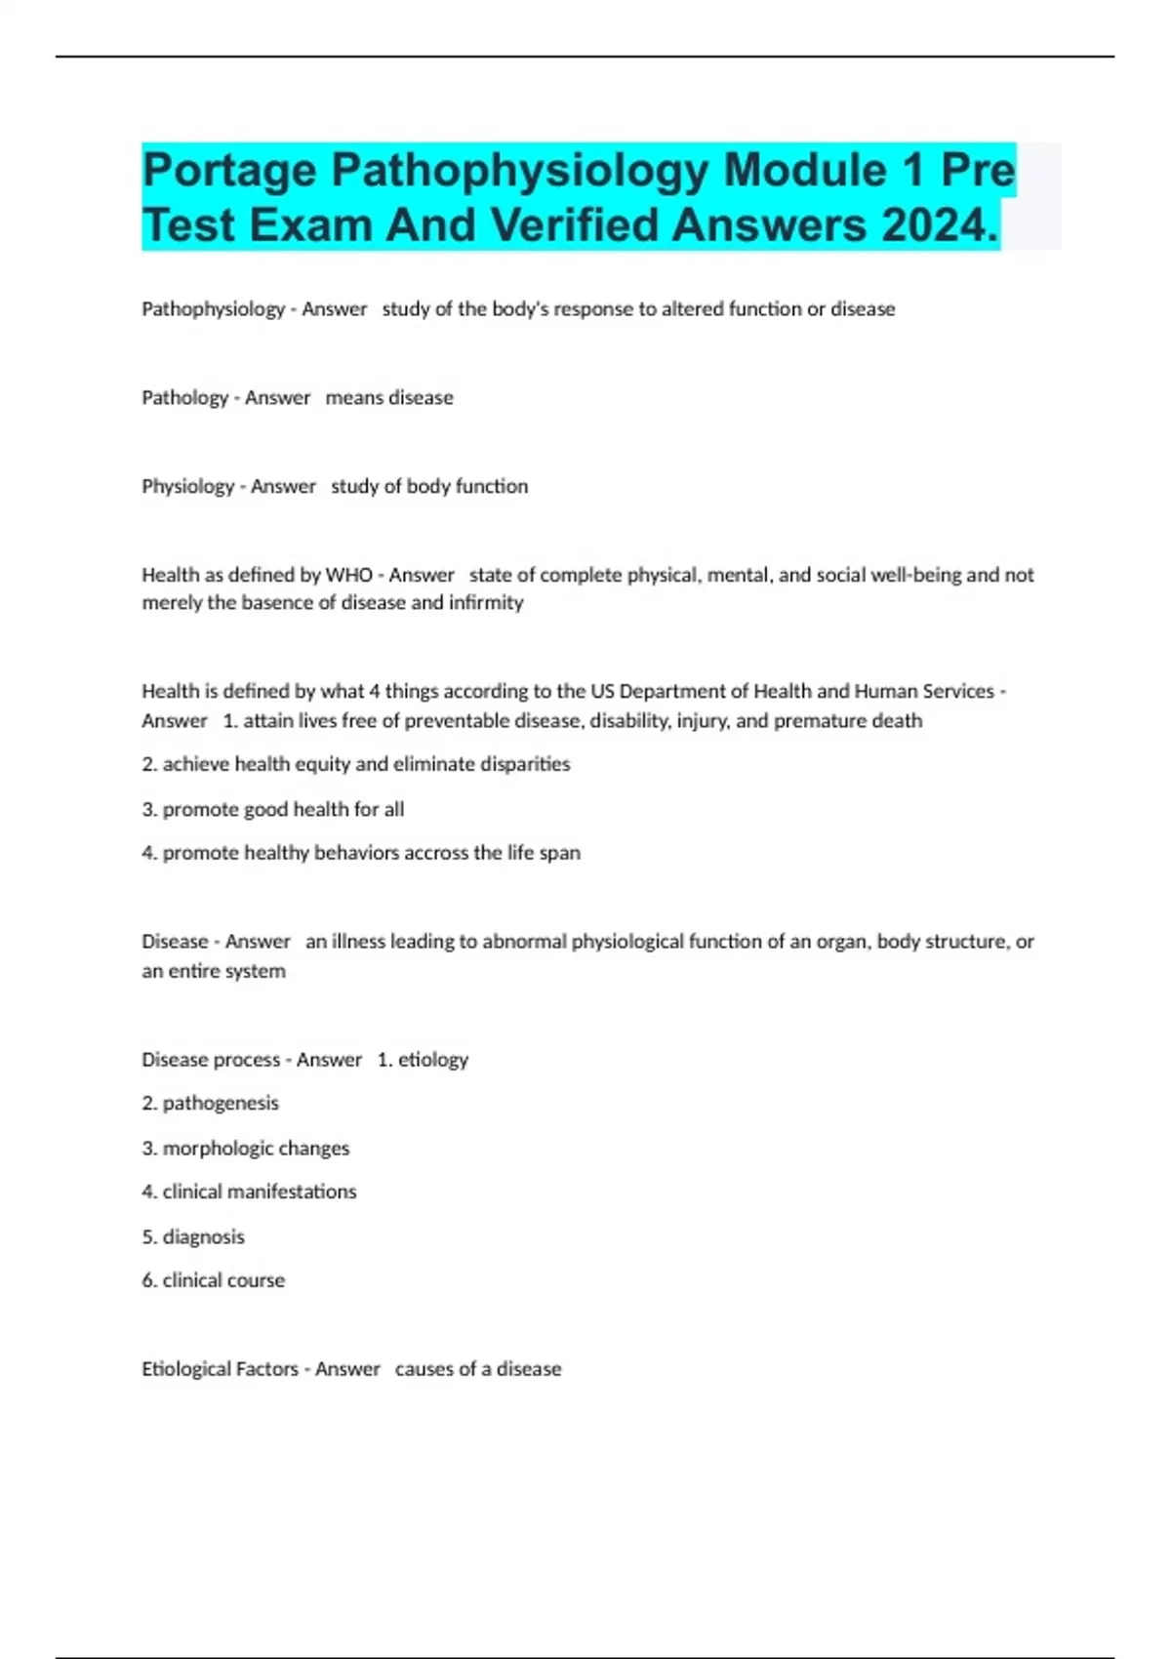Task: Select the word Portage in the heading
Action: coord(229,171)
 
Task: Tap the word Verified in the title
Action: coord(580,225)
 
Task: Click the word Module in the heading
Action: coord(804,171)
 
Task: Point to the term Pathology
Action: coord(184,397)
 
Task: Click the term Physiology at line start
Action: coord(187,486)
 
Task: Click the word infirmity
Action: coord(486,602)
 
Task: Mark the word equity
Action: coord(322,763)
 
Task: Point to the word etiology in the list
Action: coord(433,1059)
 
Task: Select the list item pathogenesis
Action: coord(221,1103)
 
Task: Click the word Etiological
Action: coord(186,1368)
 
